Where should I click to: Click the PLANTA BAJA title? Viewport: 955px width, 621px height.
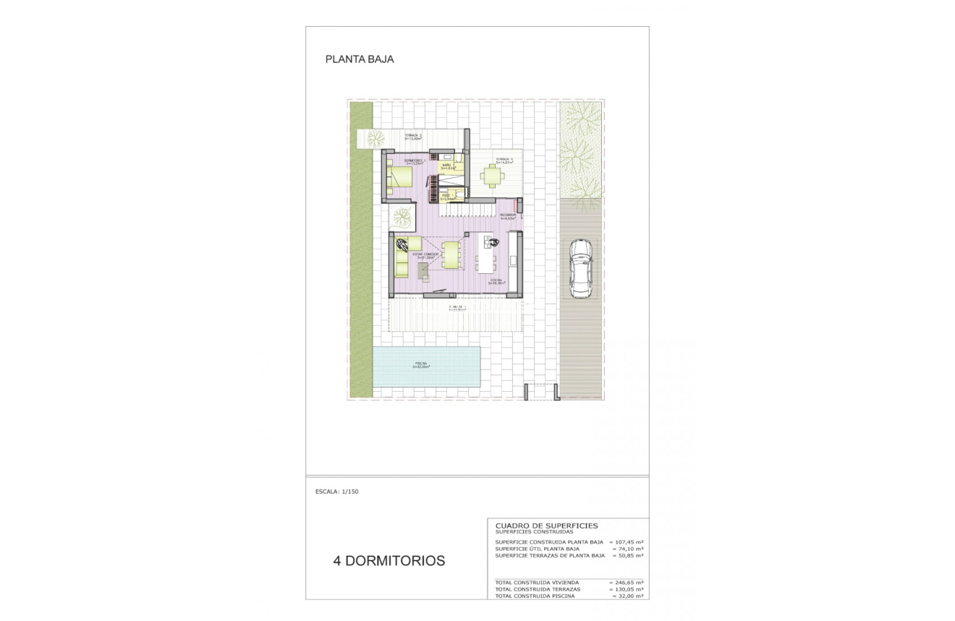(x=360, y=60)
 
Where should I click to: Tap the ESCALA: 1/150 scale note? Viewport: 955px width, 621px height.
(x=337, y=492)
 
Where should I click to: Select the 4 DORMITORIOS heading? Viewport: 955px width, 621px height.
(x=389, y=561)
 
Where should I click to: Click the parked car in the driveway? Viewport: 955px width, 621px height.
(x=581, y=268)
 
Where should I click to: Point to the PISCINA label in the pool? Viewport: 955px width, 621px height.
(x=421, y=364)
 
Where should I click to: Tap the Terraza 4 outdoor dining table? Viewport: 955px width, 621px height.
(x=493, y=176)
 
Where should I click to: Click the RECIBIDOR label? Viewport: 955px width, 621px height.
(x=507, y=215)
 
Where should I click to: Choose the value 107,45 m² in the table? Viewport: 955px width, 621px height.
(x=627, y=541)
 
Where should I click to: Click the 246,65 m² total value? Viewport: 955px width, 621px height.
(x=627, y=582)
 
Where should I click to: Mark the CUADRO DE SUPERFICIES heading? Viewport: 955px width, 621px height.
(x=546, y=526)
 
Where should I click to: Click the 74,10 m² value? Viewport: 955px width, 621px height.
(x=629, y=549)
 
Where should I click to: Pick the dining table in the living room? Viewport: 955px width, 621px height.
(x=451, y=254)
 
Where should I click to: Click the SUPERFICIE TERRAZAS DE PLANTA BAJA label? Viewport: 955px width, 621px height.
(x=550, y=556)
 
